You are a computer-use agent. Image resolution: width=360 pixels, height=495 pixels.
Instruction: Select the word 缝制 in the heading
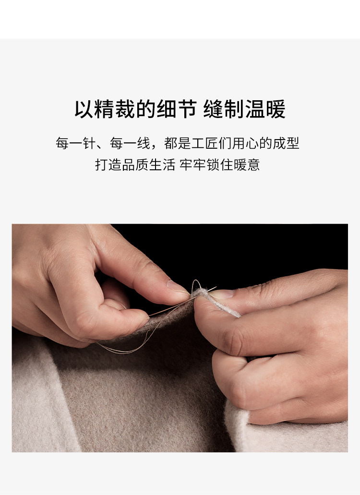pyautogui.click(x=224, y=109)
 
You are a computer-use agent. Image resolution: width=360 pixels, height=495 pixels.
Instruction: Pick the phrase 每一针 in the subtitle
pyautogui.click(x=75, y=143)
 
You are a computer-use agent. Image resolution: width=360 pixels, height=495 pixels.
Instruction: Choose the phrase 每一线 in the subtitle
pyautogui.click(x=130, y=143)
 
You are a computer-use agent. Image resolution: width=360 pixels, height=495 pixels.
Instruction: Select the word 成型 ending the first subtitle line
pyautogui.click(x=286, y=143)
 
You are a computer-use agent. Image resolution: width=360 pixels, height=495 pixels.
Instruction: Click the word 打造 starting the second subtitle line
pyautogui.click(x=108, y=165)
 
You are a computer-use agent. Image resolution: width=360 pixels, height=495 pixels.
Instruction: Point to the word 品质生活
pyautogui.click(x=148, y=165)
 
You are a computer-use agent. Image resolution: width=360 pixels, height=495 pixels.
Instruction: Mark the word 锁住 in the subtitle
pyautogui.click(x=220, y=165)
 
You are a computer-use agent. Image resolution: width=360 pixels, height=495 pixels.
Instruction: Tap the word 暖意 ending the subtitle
pyautogui.click(x=247, y=165)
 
